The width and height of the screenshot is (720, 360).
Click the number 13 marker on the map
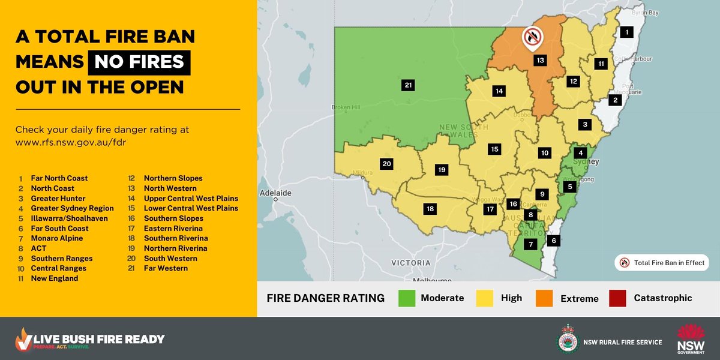point(540,60)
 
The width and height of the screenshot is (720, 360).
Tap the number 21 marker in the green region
point(409,86)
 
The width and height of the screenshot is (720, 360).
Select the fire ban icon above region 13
point(532,38)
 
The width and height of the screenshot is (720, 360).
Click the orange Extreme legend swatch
point(544,298)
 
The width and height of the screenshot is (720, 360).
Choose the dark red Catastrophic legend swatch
point(617,298)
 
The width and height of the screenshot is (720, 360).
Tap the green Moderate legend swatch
point(407,298)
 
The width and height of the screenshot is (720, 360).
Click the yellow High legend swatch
point(484,298)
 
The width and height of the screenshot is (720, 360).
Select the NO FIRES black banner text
point(139,63)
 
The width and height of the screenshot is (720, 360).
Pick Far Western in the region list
point(166,268)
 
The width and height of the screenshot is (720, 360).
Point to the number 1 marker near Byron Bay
point(626,32)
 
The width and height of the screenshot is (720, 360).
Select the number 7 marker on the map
point(530,244)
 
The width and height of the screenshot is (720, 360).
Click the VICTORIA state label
point(410,263)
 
